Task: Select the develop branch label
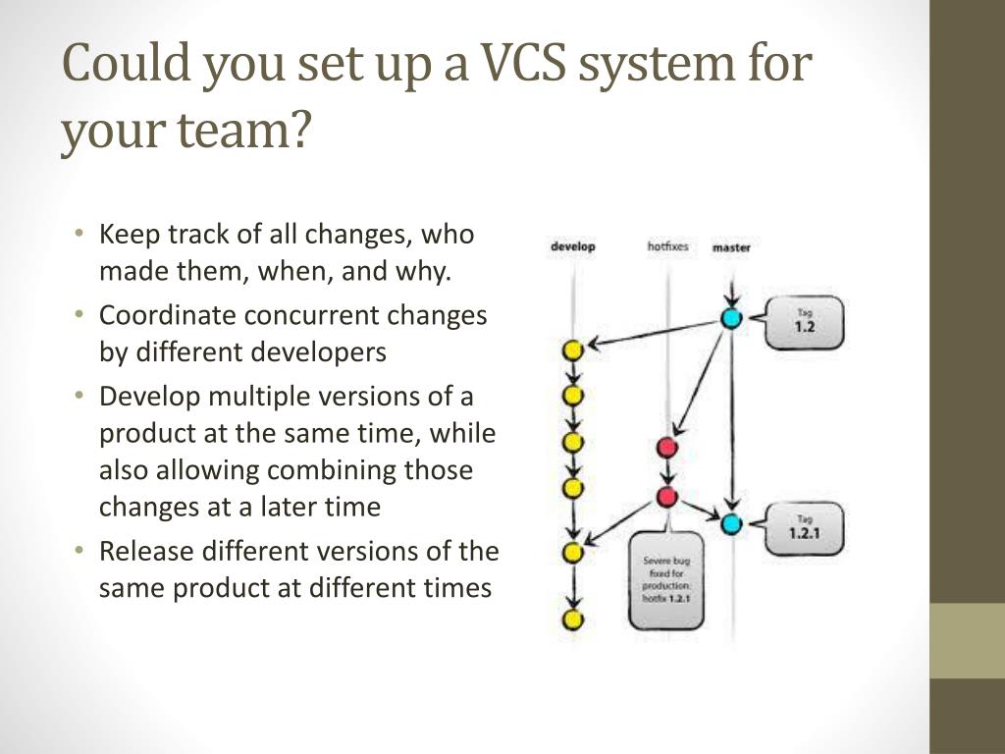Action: tap(572, 246)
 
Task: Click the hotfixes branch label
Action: tap(667, 246)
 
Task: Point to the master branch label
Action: tap(731, 247)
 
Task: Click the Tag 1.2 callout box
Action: tap(804, 322)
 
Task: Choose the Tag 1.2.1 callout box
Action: tap(804, 529)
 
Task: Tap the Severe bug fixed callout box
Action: tap(665, 578)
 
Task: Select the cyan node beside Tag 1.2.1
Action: tap(731, 523)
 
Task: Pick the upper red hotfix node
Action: tap(667, 448)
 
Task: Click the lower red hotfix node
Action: tap(667, 497)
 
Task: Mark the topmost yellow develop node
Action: tap(573, 350)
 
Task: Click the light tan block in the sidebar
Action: tap(967, 640)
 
